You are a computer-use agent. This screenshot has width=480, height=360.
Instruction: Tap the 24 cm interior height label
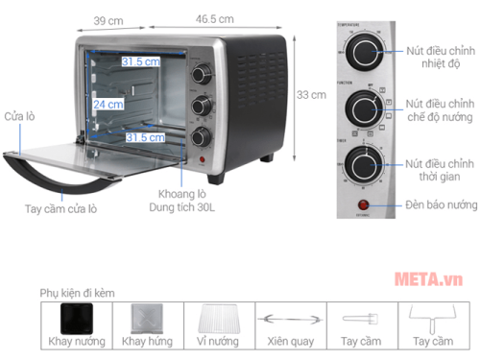(x=108, y=104)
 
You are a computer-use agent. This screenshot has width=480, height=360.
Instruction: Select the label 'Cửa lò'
(x=18, y=116)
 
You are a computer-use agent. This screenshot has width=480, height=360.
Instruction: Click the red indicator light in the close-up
(x=364, y=204)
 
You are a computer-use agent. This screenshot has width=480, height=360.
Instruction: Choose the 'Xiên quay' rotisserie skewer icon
(x=289, y=320)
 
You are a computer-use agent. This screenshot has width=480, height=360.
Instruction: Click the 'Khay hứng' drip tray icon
(x=146, y=320)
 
